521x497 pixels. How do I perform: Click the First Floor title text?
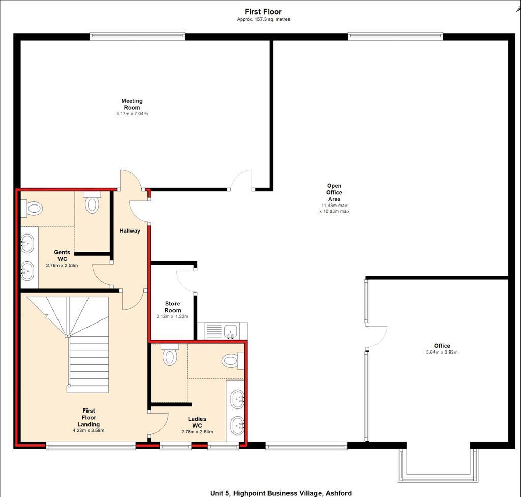[x=263, y=12]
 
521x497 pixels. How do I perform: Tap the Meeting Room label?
[x=132, y=104]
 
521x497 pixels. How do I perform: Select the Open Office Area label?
[x=334, y=192]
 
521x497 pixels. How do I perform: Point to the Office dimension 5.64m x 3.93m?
[x=442, y=352]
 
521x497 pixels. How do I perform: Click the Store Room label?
[x=172, y=307]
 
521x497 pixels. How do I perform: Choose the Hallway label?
[x=130, y=231]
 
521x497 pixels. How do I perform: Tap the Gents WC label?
[x=62, y=255]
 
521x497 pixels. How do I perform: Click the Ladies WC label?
[x=197, y=422]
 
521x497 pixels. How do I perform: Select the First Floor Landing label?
[x=89, y=417]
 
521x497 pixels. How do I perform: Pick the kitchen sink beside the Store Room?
[x=230, y=331]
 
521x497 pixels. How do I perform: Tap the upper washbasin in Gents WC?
[x=27, y=243]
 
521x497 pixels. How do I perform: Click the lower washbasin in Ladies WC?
[x=238, y=426]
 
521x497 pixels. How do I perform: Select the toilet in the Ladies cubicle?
[x=170, y=355]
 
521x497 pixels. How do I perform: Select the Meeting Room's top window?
[x=137, y=36]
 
